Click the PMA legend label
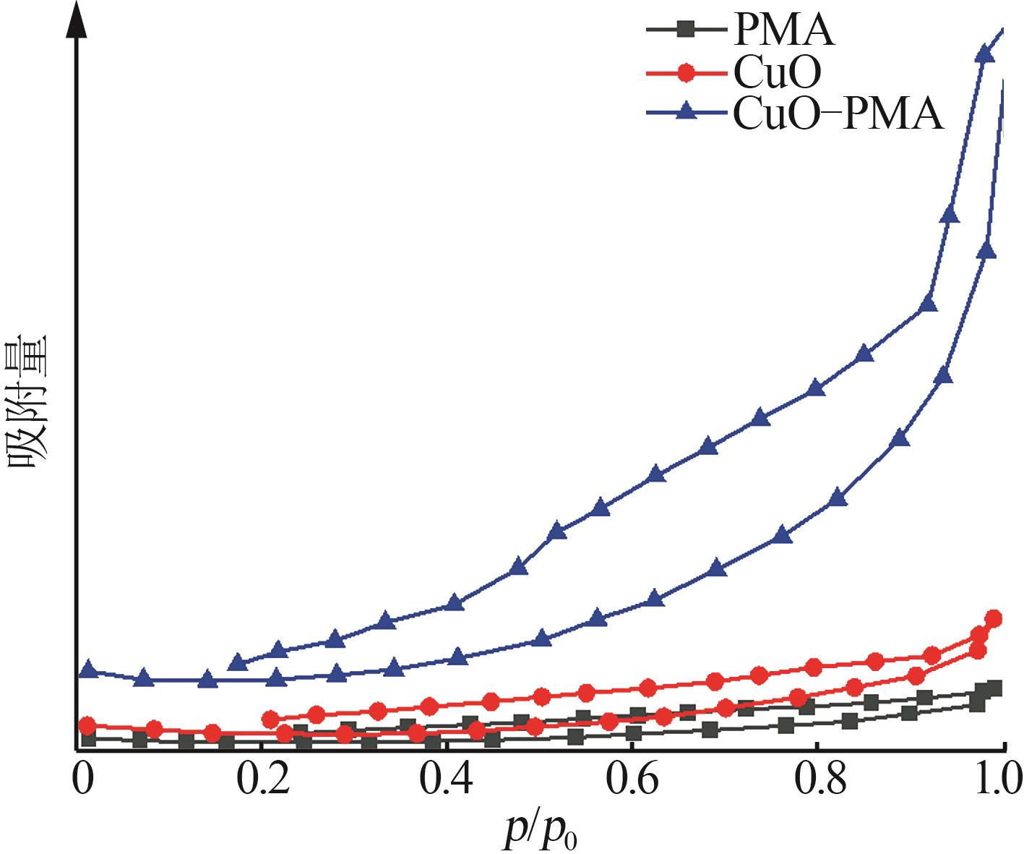(x=783, y=30)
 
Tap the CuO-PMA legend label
(x=838, y=114)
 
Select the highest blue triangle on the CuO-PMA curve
(x=984, y=54)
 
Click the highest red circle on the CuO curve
(x=994, y=618)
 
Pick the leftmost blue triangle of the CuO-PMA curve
(x=88, y=669)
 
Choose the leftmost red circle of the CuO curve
(x=87, y=725)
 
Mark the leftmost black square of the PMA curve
(x=89, y=738)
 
